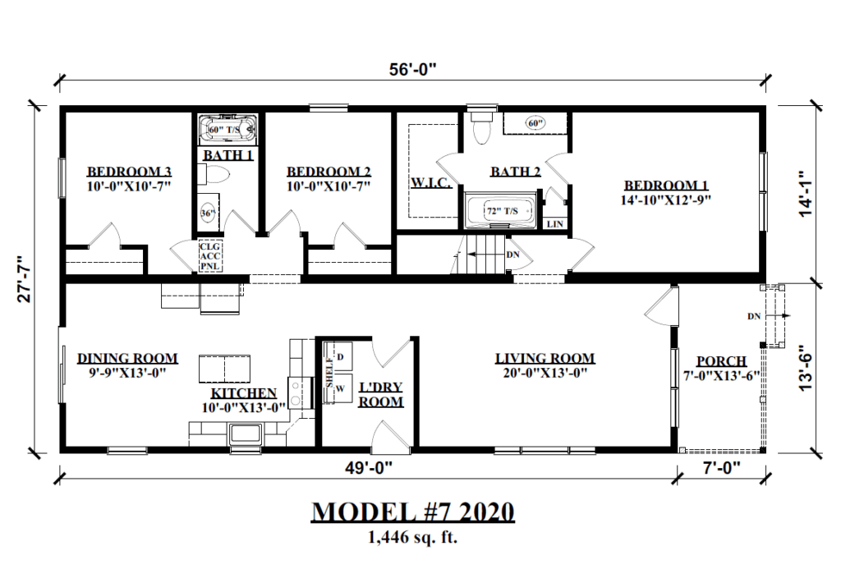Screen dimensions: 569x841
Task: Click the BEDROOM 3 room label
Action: [129, 172]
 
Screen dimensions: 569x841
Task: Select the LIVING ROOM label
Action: [545, 359]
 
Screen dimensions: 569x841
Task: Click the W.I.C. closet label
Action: [430, 181]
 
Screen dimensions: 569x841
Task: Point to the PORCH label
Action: [720, 361]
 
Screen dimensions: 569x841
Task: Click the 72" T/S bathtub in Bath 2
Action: [500, 211]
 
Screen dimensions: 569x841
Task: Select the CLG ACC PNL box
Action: [209, 255]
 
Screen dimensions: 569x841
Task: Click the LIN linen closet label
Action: [555, 223]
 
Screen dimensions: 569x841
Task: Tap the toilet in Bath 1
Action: [218, 175]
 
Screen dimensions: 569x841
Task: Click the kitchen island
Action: [224, 369]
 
